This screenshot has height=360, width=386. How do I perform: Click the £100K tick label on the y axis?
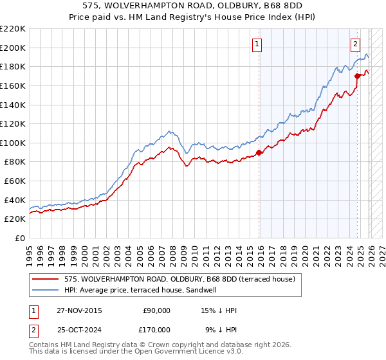13,143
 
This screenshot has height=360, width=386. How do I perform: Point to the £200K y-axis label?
13,48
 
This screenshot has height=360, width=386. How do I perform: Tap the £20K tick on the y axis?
15,219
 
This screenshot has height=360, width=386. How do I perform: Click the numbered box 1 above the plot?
257,44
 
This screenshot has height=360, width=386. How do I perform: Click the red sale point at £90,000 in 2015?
259,152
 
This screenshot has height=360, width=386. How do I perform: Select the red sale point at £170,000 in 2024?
357,76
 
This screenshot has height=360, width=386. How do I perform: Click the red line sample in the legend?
46,279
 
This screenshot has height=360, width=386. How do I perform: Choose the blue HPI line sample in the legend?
46,290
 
